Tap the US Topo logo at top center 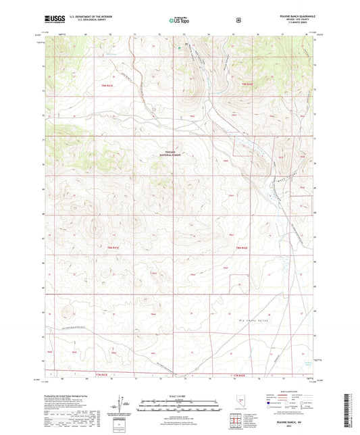point(179,20)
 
